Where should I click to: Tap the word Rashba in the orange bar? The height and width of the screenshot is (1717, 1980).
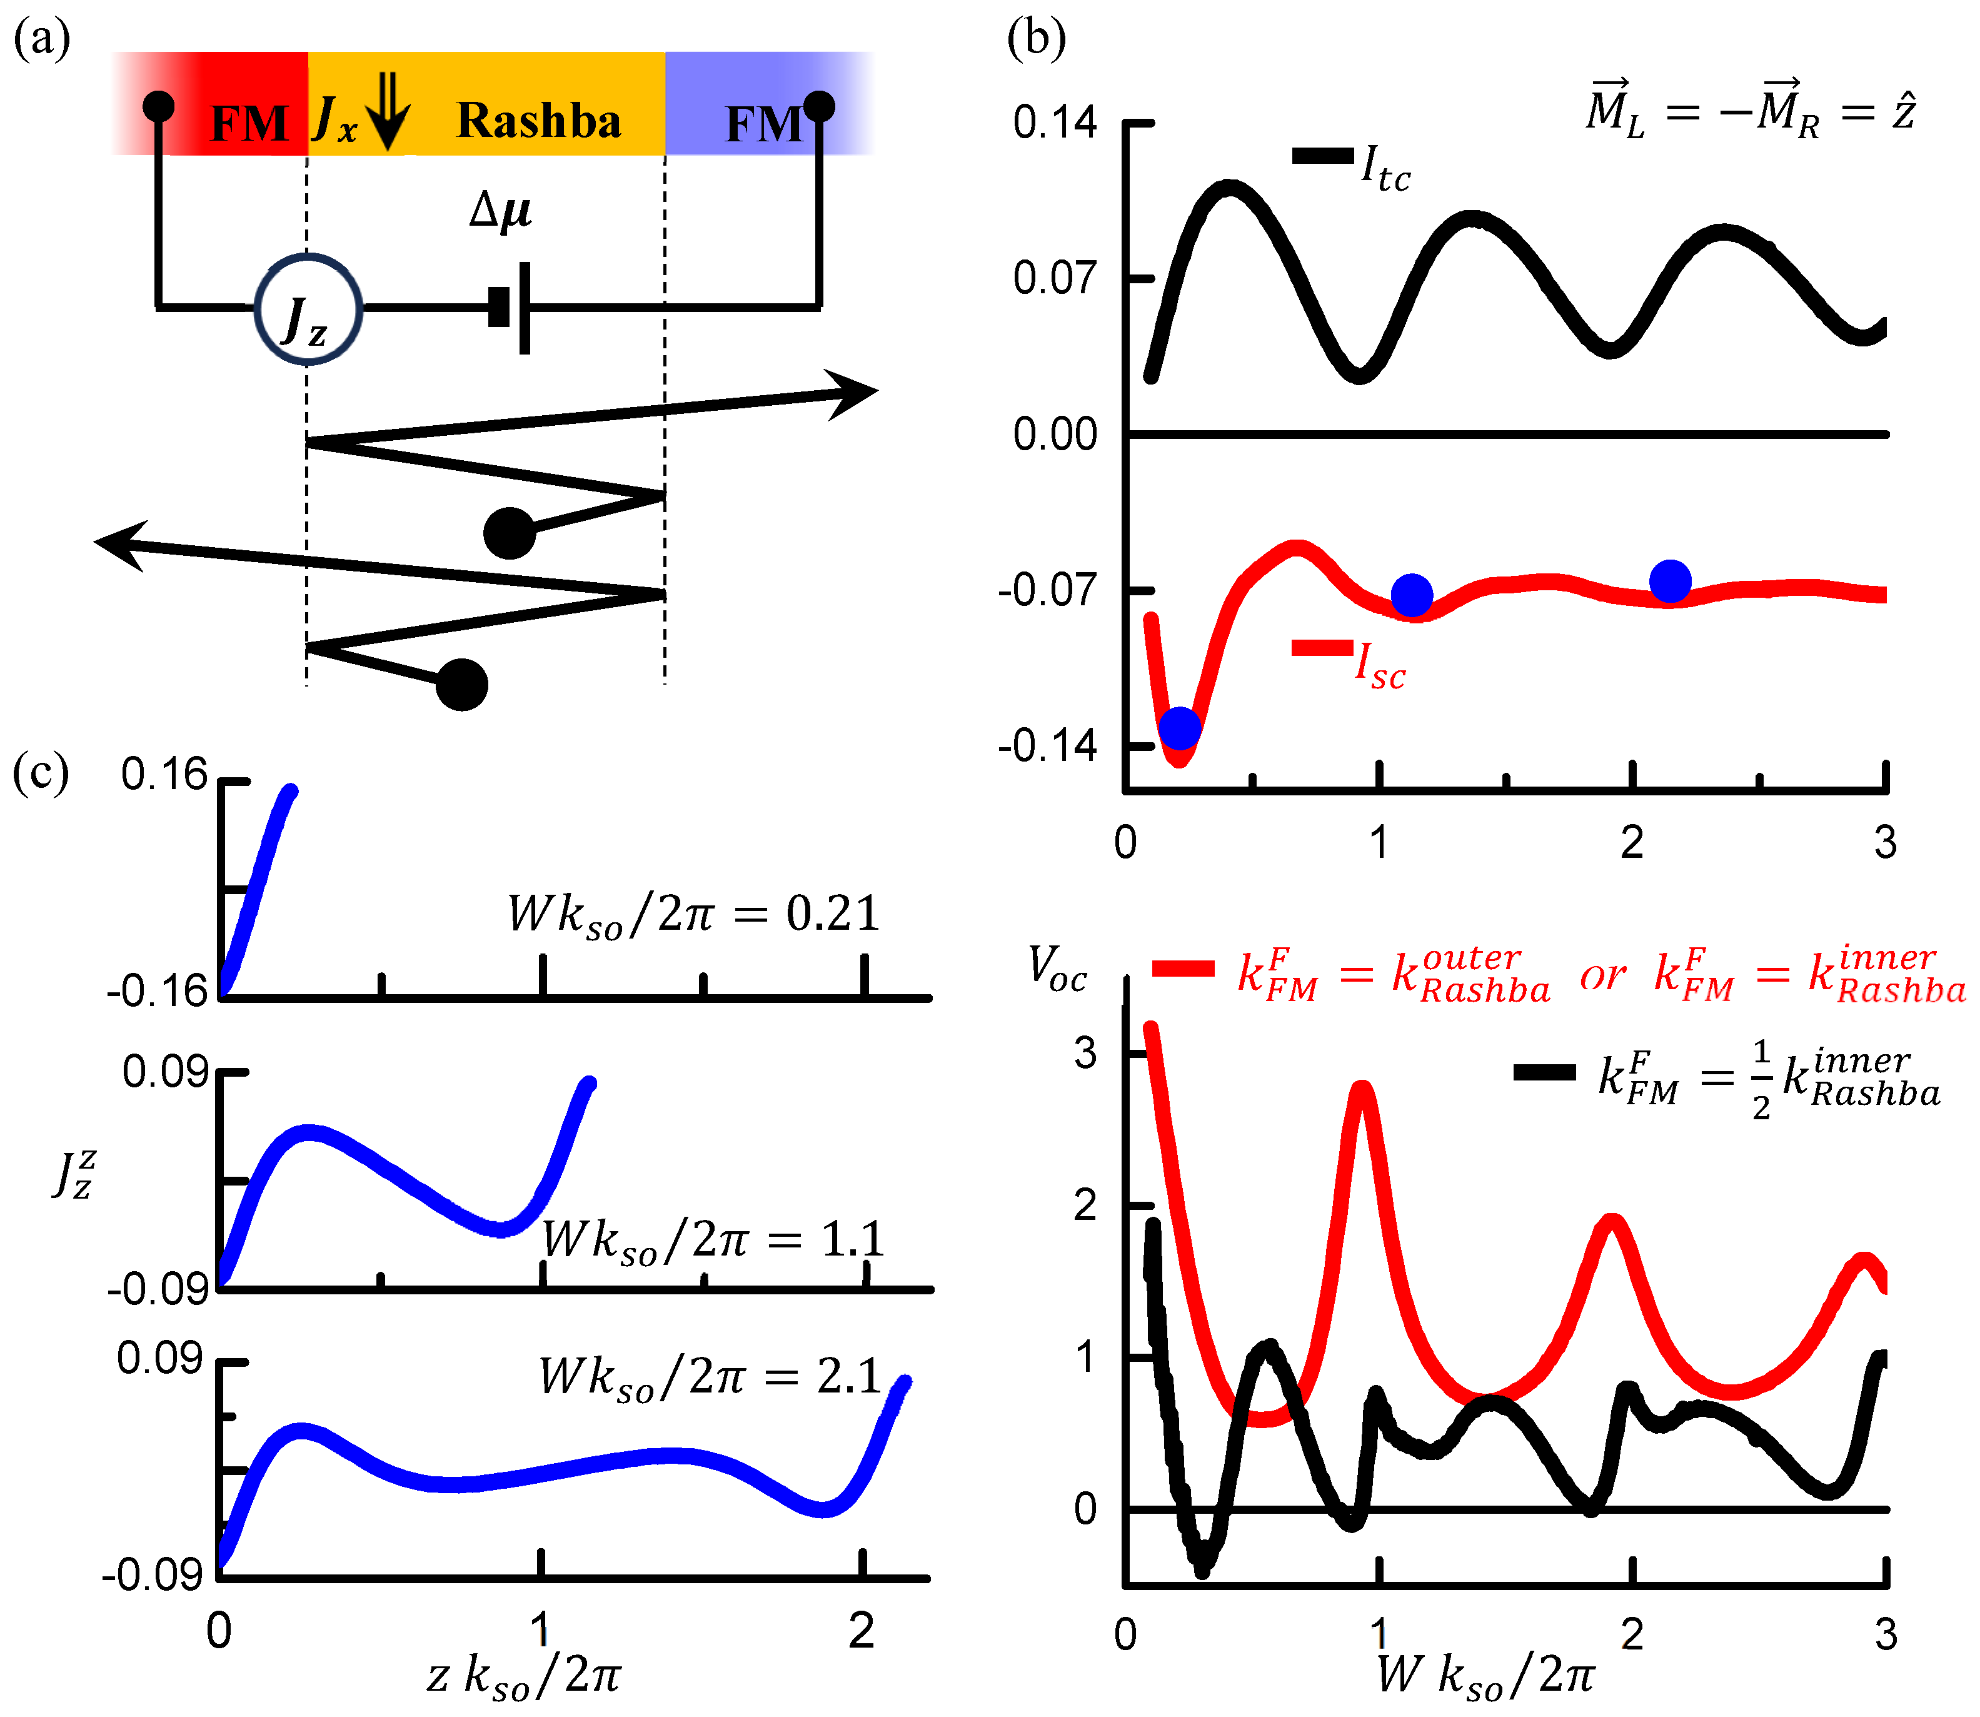538,121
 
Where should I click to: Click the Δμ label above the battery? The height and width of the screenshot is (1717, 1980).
500,209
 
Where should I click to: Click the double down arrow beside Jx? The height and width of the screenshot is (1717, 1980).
388,111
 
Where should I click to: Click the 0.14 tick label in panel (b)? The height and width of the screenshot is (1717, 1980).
1055,123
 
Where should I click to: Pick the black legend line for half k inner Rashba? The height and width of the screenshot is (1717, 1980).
1544,1073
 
